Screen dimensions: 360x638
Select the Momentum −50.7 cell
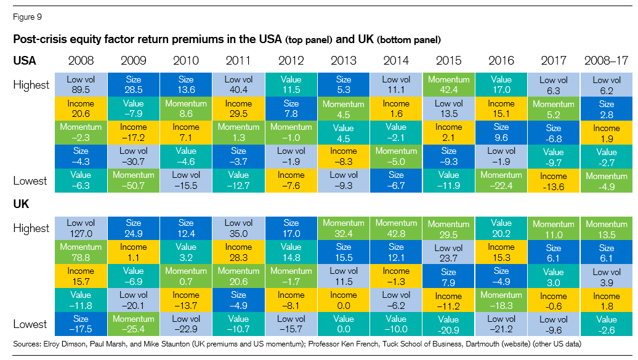click(133, 180)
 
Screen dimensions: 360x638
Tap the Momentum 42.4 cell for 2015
click(449, 84)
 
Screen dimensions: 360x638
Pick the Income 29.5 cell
click(238, 108)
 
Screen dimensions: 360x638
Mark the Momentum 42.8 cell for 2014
click(396, 228)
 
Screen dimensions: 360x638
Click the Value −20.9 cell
click(449, 324)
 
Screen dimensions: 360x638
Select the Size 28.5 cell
click(133, 84)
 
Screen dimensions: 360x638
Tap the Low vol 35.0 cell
click(238, 228)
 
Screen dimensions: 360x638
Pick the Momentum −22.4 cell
click(501, 180)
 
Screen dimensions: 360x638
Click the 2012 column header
click(291, 61)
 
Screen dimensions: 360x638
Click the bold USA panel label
click(25, 61)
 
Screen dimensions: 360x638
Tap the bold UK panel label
click(22, 204)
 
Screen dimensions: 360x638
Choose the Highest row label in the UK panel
click(31, 228)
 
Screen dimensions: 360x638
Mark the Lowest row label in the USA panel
click(30, 180)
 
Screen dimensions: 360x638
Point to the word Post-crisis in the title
click(39, 40)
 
